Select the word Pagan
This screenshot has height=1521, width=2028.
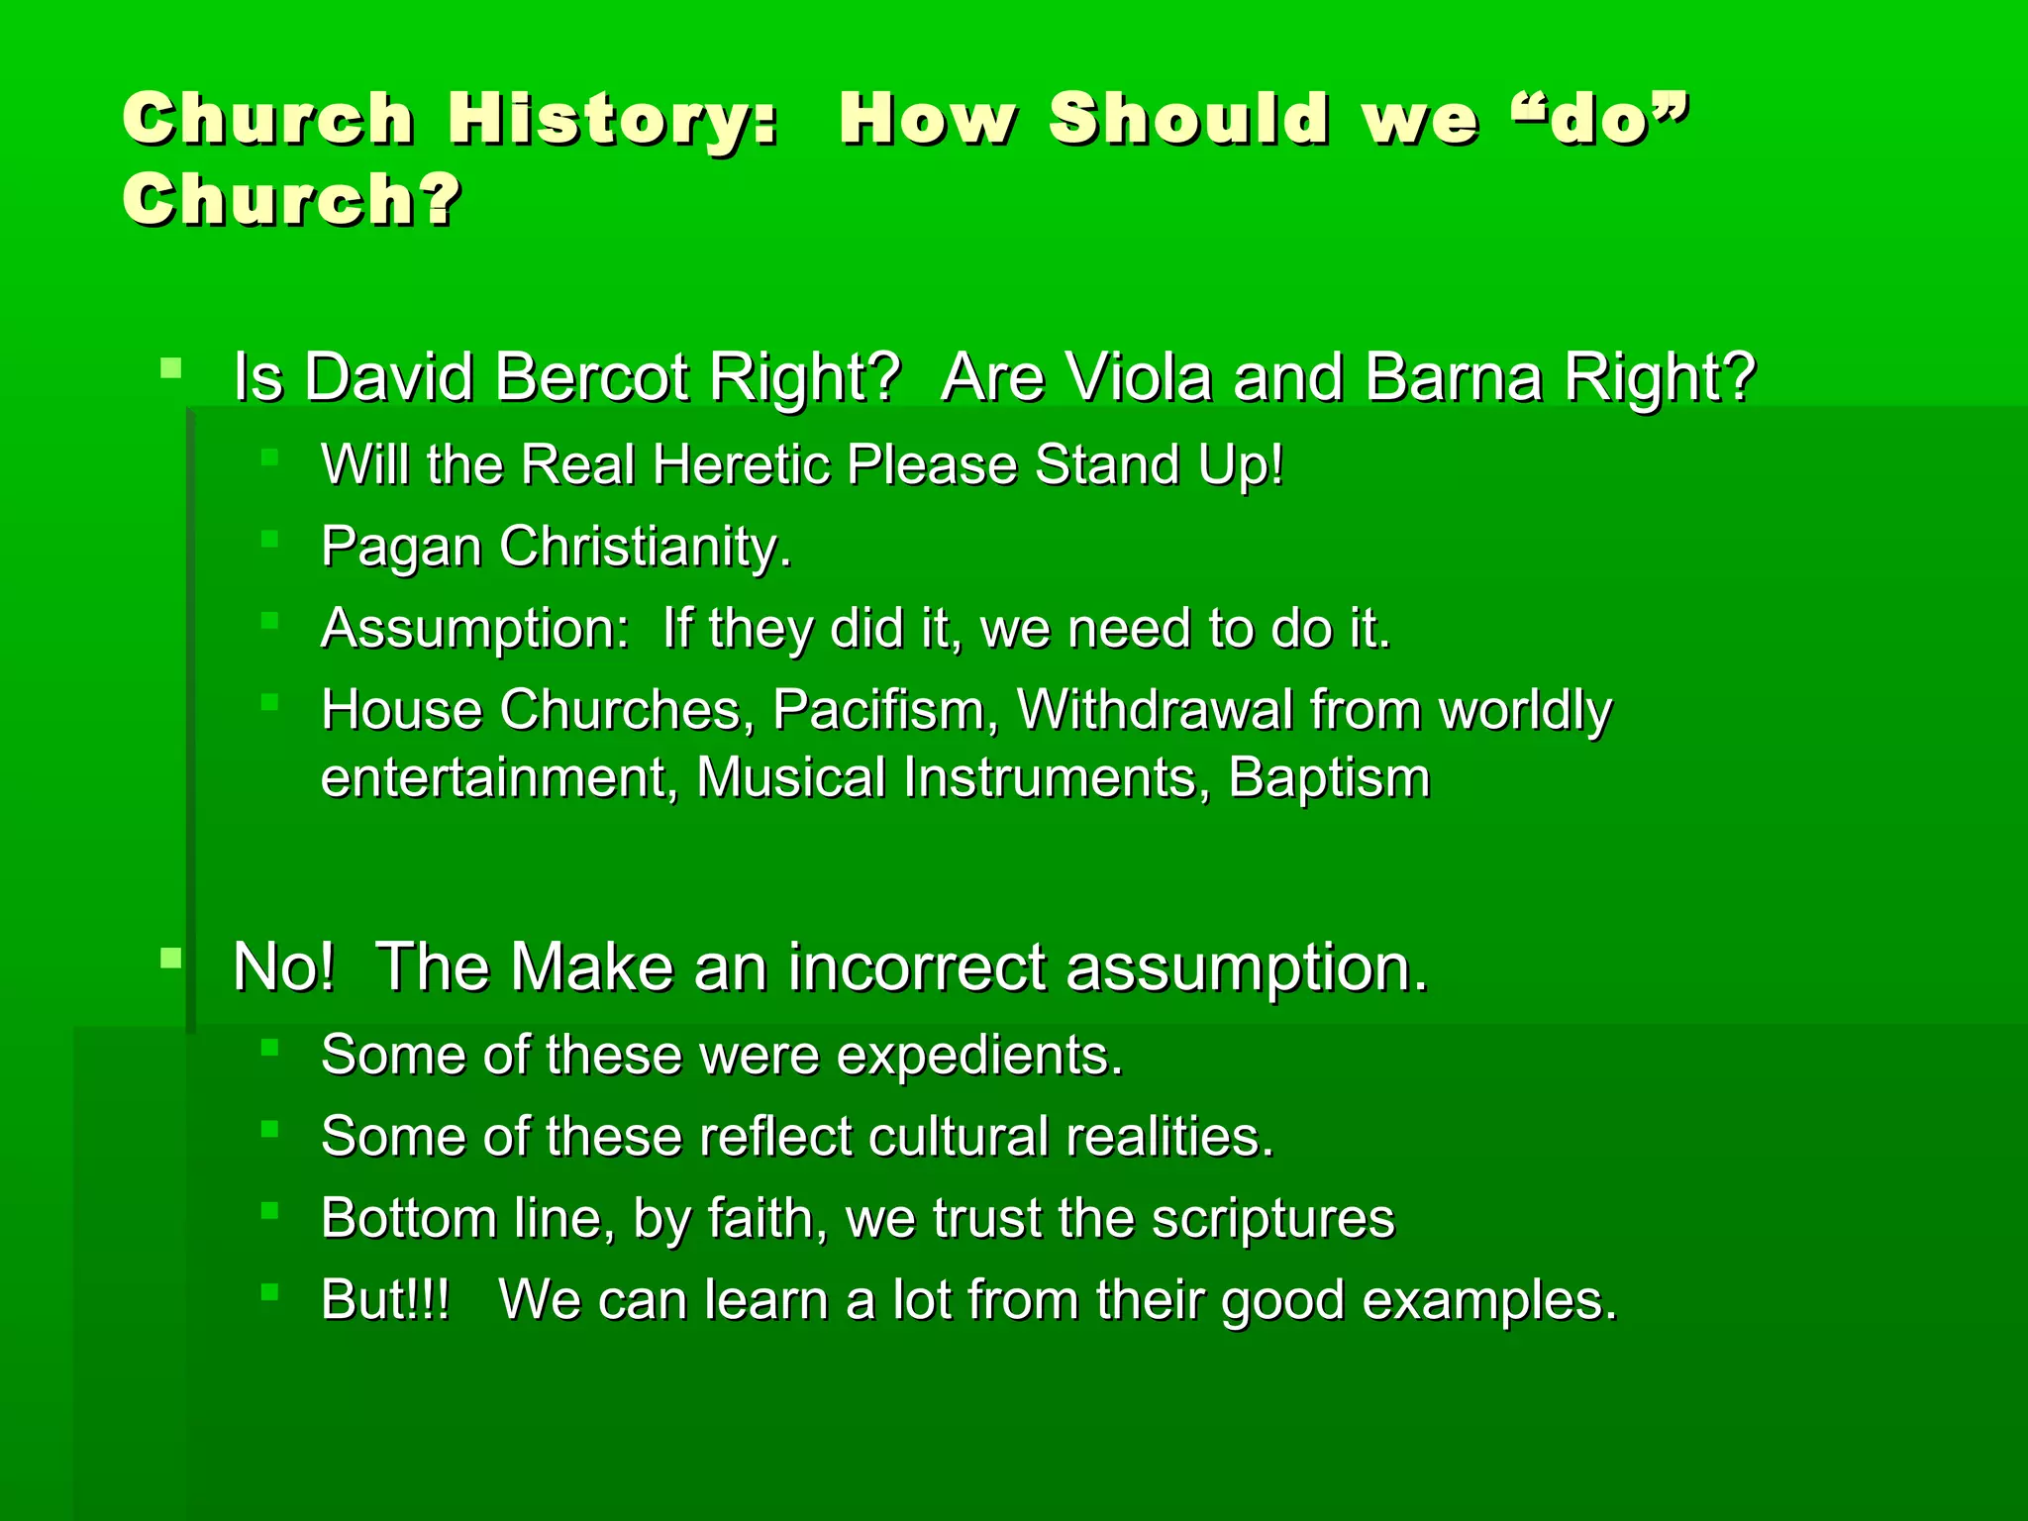coord(401,548)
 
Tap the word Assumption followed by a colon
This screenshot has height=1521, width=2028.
coord(474,629)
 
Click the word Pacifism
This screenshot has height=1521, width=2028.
coord(885,710)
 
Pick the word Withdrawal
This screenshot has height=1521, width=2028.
coord(1155,710)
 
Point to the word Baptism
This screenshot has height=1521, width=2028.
coord(1329,777)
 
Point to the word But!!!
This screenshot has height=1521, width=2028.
coord(385,1299)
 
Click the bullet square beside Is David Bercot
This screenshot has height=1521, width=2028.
coord(171,369)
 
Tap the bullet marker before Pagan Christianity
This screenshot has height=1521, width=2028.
coord(269,539)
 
